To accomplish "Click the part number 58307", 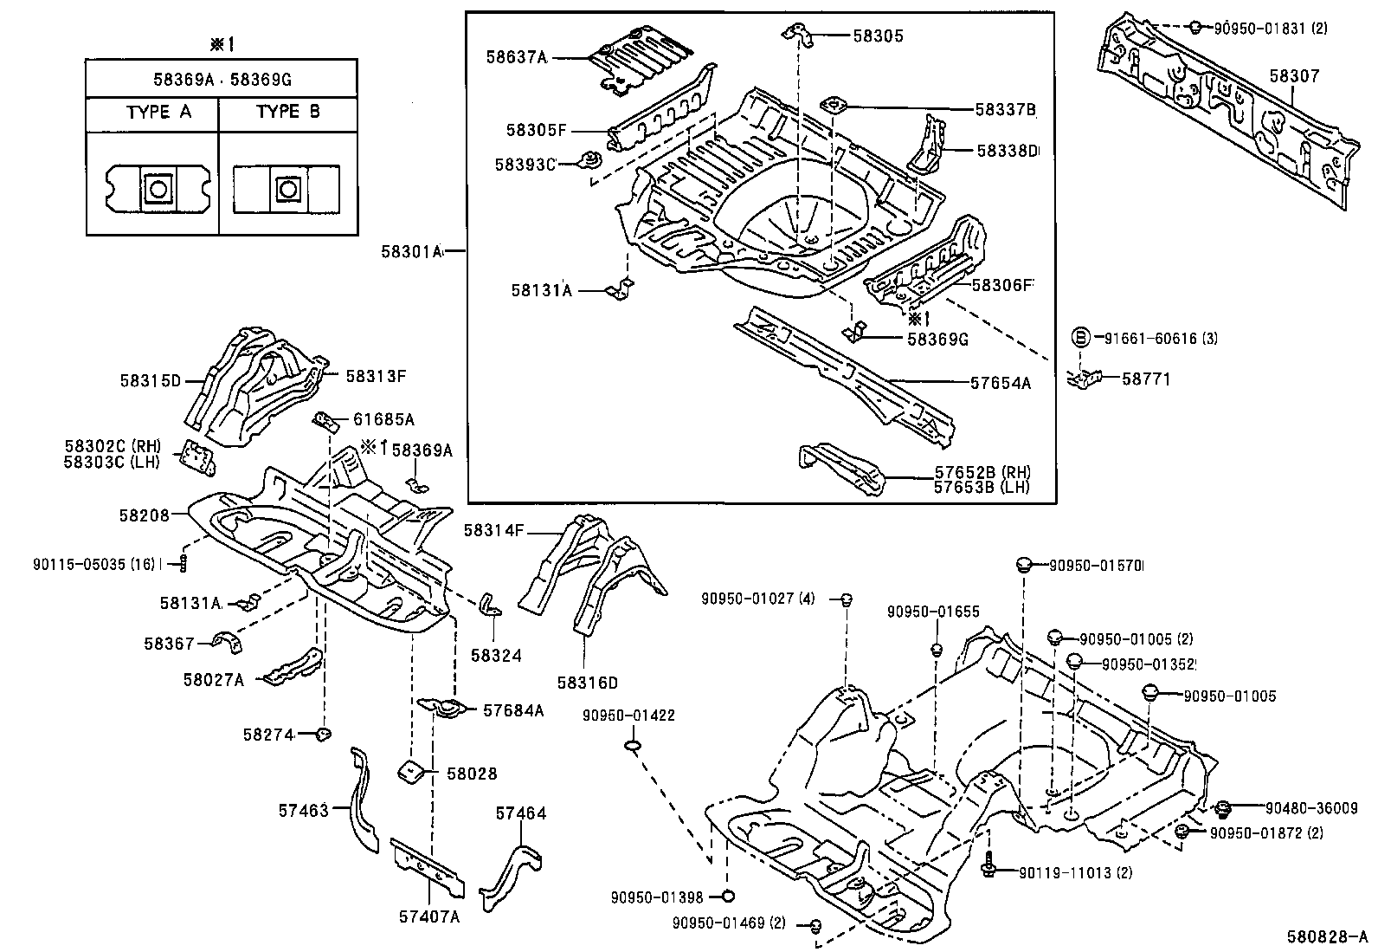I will coord(1294,76).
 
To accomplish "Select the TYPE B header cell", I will coord(288,113).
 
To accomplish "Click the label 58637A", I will coord(516,57).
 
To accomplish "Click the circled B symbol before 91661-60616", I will coord(1081,338).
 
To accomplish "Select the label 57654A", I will coord(1000,382).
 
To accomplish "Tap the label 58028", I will coord(473,774).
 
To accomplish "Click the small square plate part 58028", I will coord(409,771).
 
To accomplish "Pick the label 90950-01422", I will coord(628,716).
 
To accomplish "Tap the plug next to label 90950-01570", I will coord(1024,565).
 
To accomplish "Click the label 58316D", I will coord(588,683).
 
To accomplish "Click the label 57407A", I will coord(429,916).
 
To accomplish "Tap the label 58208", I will coord(144,515).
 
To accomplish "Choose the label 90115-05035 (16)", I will coord(93,564).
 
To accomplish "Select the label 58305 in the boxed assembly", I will coord(878,36).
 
